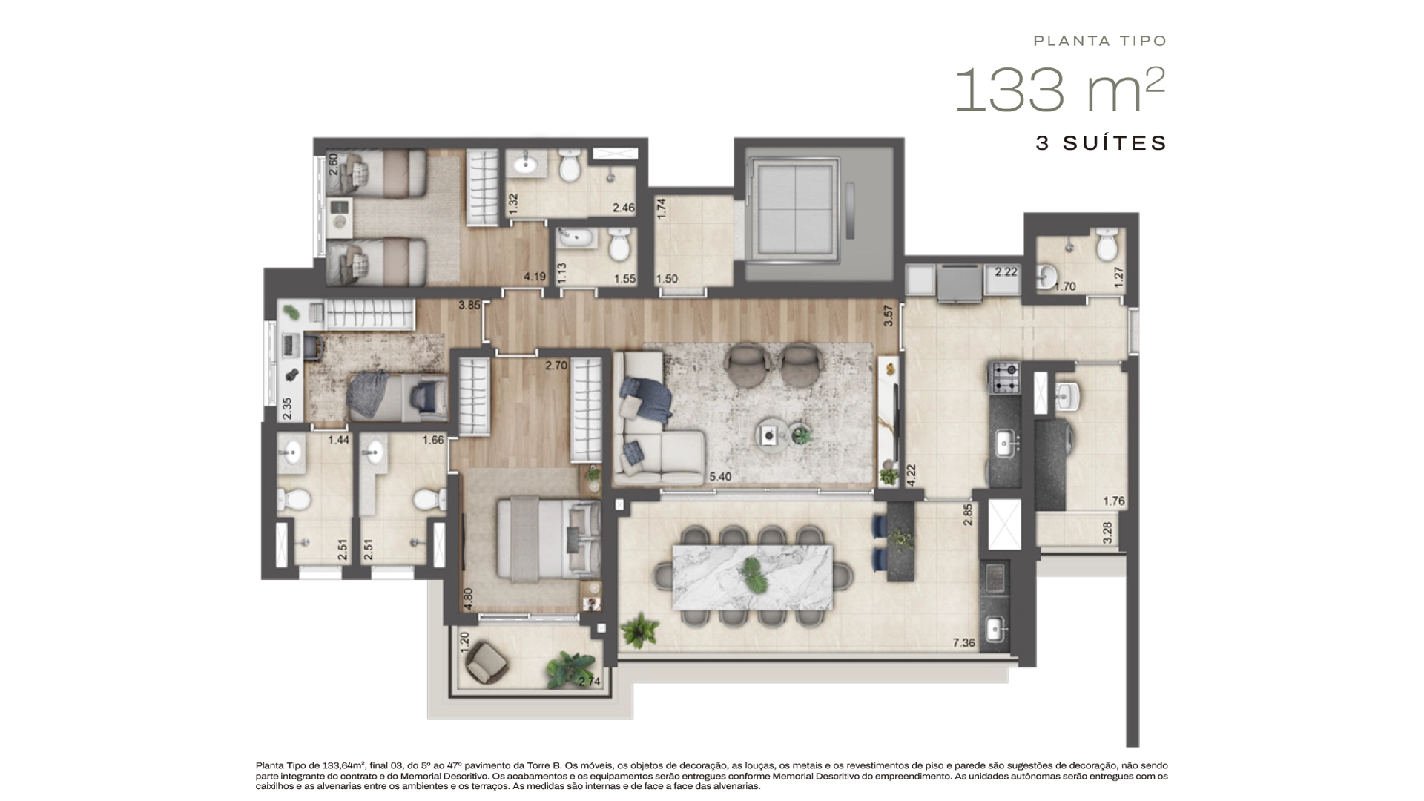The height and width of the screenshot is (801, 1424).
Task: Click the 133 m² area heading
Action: [1060, 90]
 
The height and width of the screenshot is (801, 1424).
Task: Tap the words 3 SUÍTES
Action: [1101, 143]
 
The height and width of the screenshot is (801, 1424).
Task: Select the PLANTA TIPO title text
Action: [1101, 41]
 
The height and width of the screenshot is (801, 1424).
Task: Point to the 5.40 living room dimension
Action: [719, 477]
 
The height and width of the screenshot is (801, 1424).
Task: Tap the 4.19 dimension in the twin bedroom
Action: [535, 277]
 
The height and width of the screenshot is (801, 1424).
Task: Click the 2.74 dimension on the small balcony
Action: [589, 682]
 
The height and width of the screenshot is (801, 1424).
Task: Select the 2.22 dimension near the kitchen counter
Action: [1006, 272]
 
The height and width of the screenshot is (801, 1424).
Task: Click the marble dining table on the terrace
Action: [753, 577]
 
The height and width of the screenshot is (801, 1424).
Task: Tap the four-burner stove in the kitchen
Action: [1006, 378]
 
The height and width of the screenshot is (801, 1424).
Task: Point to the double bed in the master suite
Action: [548, 538]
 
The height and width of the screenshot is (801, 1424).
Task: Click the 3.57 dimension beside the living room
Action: [889, 316]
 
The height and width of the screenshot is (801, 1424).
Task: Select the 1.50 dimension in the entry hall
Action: [667, 279]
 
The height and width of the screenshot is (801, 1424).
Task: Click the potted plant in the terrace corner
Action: [639, 631]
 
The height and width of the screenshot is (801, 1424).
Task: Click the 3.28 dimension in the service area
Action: [1108, 533]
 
